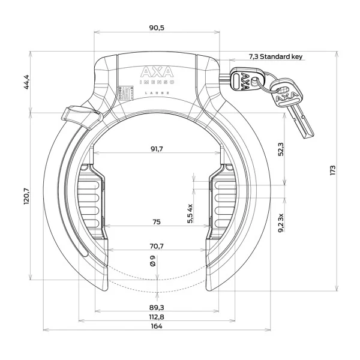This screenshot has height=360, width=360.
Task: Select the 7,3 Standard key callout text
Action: pyautogui.click(x=275, y=56)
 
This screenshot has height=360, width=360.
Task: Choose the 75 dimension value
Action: pyautogui.click(x=156, y=222)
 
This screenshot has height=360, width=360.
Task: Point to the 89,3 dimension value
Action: pyautogui.click(x=156, y=307)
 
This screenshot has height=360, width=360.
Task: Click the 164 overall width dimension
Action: pyautogui.click(x=156, y=327)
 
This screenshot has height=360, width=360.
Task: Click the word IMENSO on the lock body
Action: pyautogui.click(x=156, y=85)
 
